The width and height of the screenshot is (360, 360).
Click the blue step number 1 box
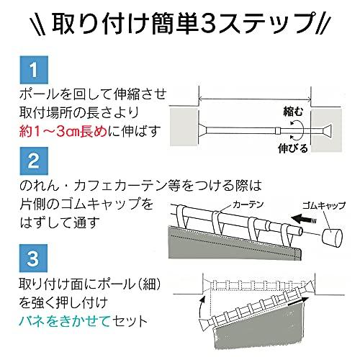34,70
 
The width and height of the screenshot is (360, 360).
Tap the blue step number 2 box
34,161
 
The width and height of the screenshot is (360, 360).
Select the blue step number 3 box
33,258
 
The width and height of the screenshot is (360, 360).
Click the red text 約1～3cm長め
63,131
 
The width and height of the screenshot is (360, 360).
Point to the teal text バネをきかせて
64,321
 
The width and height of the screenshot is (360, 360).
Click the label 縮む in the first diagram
293,112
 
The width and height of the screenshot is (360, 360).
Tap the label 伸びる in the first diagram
293,148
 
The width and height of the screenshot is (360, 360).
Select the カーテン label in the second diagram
248,204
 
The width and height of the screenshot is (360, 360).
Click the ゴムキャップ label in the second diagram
323,205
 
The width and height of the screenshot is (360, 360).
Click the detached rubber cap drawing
332,238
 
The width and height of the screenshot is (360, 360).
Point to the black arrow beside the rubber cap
304,220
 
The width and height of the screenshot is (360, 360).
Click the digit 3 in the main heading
208,24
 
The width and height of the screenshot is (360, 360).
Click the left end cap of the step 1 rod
203,130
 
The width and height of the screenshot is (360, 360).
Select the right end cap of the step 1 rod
328,130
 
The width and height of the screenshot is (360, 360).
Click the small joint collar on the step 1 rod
278,130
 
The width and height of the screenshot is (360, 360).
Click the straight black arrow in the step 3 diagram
297,302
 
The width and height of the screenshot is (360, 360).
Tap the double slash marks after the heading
323,24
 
